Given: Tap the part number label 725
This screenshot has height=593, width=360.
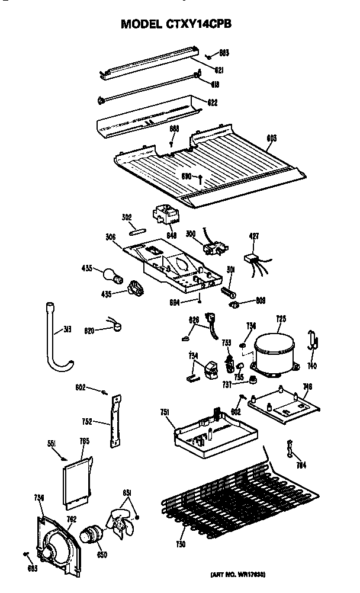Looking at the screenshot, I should tap(281, 319).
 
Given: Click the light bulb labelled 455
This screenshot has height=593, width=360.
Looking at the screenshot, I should tap(110, 275).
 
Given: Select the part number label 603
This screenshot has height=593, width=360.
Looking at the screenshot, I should tap(272, 139).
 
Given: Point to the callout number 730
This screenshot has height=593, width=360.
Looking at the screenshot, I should tap(181, 544).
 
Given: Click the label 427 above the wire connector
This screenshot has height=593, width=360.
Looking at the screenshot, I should tap(254, 236).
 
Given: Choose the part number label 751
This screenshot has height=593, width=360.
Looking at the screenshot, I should tap(166, 413).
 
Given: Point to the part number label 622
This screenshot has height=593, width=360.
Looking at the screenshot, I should tap(212, 102).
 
